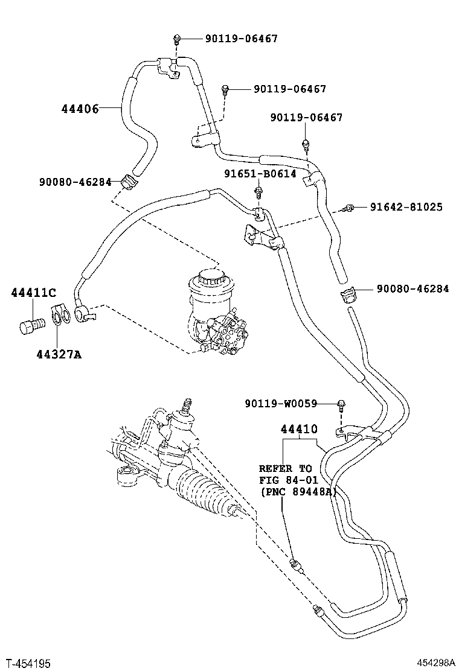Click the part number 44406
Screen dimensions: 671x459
point(80,109)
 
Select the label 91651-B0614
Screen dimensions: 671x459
point(260,174)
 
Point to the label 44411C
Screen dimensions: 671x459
point(33,293)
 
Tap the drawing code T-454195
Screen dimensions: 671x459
point(28,663)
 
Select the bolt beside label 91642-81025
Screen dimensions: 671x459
point(348,208)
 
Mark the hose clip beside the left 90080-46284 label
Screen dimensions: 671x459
point(127,180)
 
